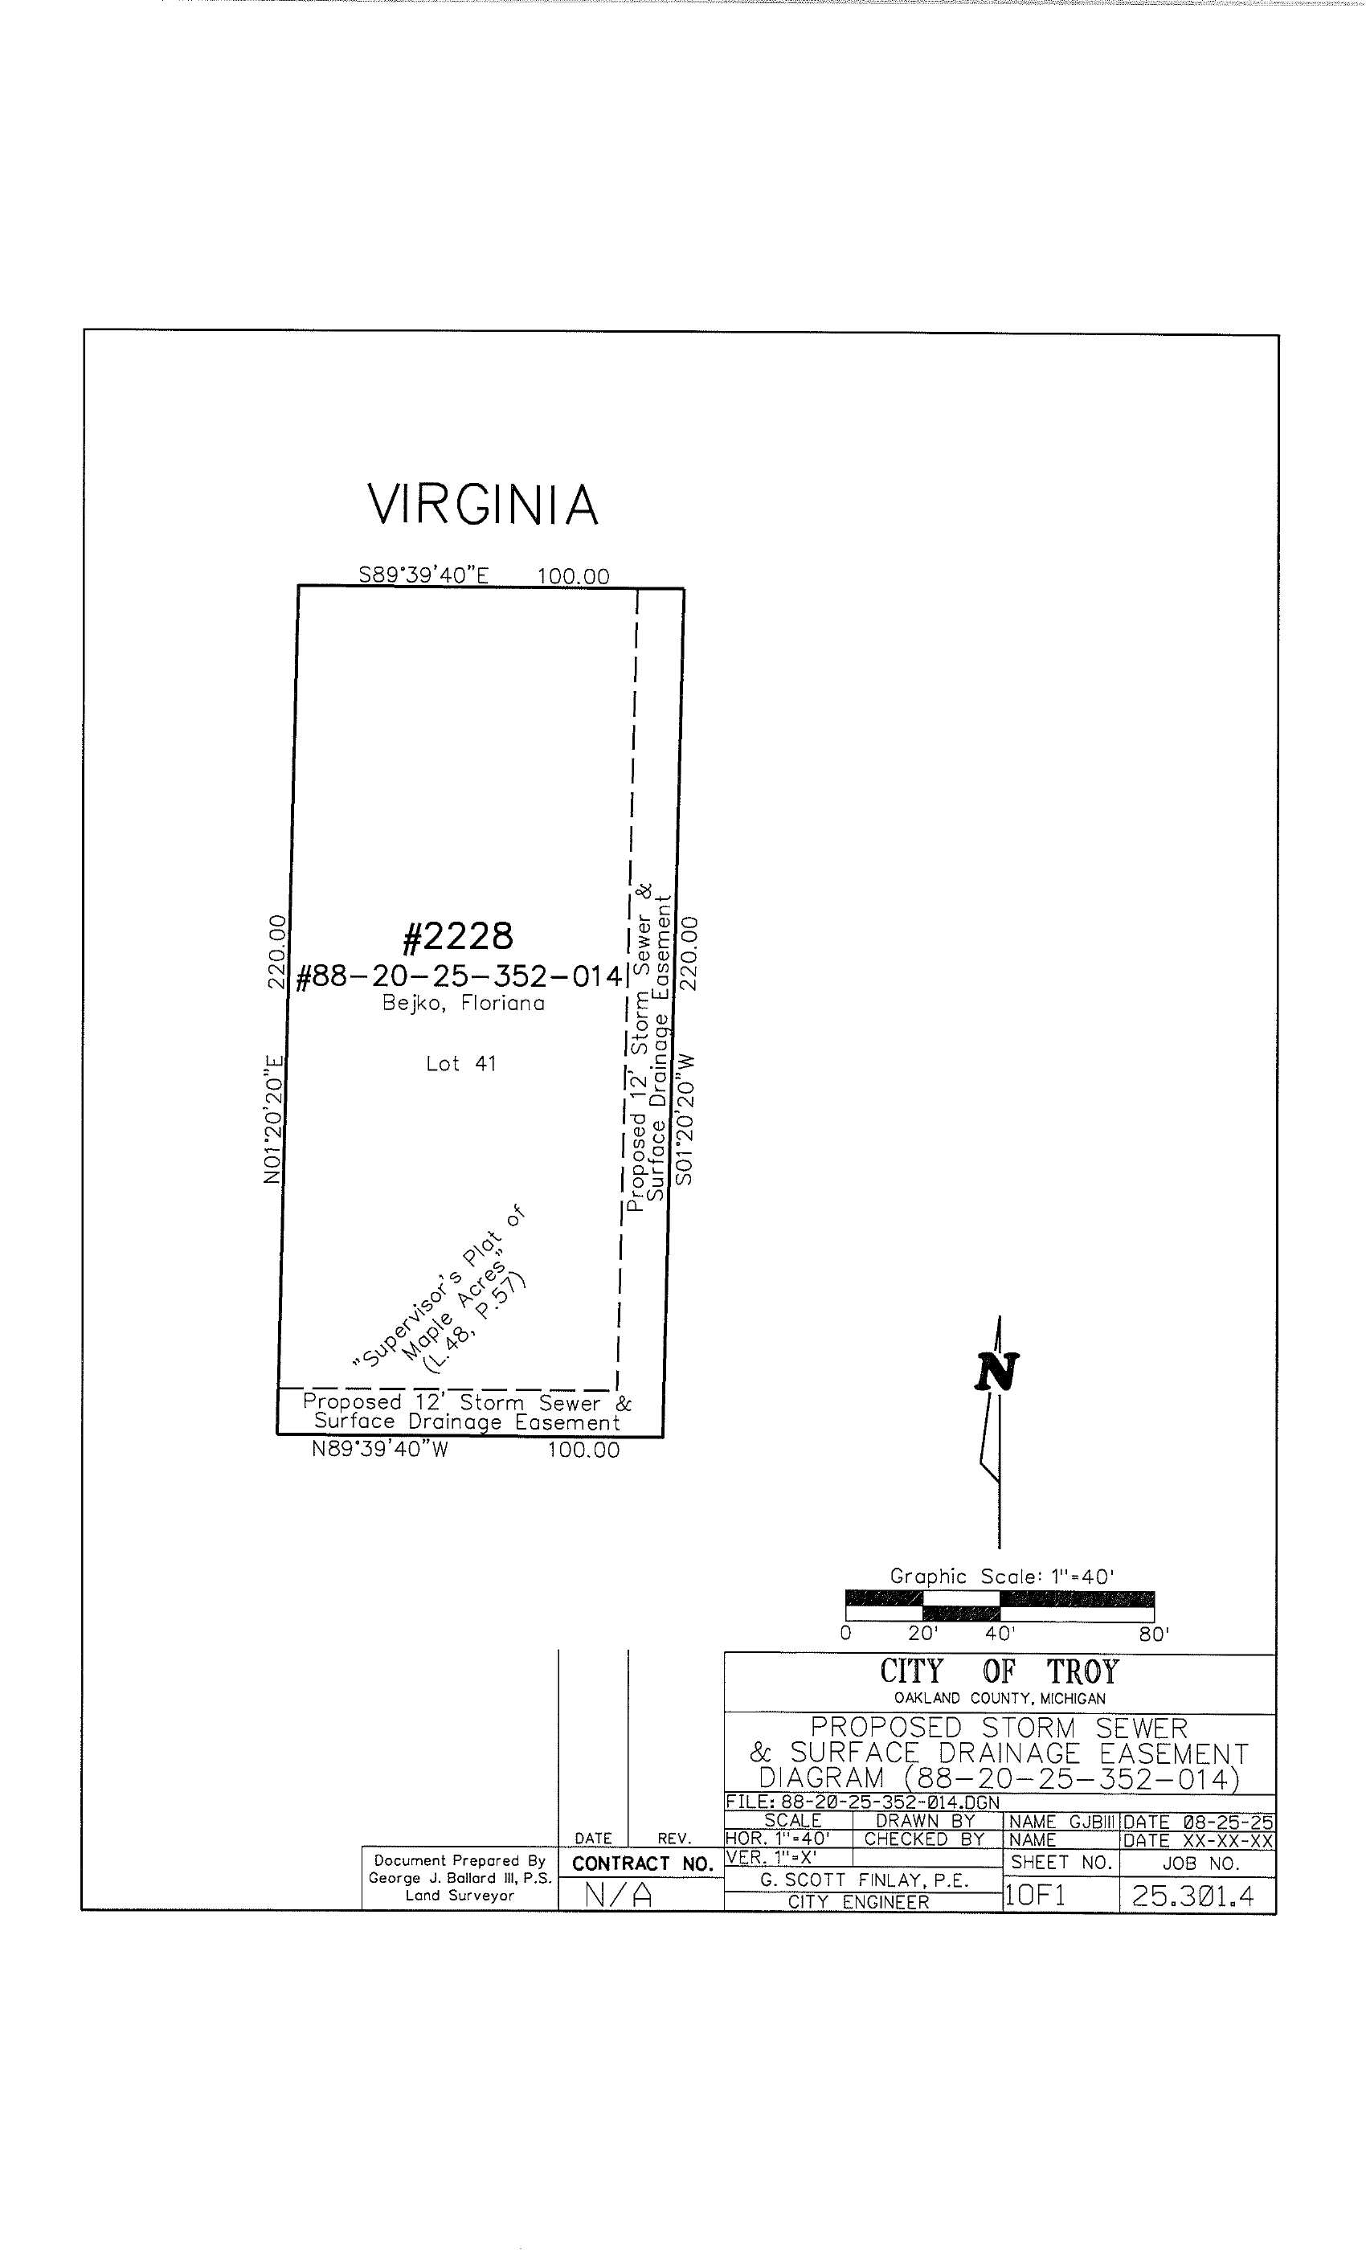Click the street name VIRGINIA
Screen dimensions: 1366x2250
tap(482, 505)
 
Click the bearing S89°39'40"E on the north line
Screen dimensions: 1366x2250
tap(423, 575)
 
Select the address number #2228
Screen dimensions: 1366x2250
tap(457, 936)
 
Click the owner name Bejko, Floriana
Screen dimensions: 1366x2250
tap(463, 1004)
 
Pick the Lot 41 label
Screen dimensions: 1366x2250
tap(461, 1063)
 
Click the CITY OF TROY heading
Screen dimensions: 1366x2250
tap(999, 1672)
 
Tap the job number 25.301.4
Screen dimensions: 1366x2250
tap(1192, 1896)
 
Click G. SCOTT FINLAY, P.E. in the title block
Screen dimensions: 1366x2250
tap(864, 1880)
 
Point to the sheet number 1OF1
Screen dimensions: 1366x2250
tap(1035, 1896)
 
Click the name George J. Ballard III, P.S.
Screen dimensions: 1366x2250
tap(460, 1879)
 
